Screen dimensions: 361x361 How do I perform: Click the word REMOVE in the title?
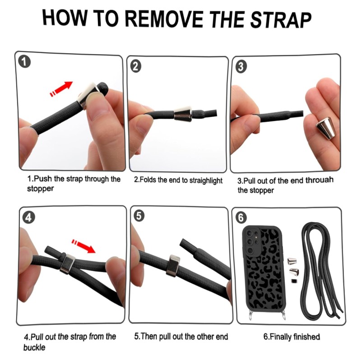(x=164, y=19)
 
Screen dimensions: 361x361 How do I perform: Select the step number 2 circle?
(x=136, y=66)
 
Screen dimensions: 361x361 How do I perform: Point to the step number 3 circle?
(x=241, y=67)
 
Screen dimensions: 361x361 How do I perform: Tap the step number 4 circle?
(x=28, y=218)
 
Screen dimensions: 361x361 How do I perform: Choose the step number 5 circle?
(x=139, y=216)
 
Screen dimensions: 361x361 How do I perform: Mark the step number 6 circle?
(x=241, y=217)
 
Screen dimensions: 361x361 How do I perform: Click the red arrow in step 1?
(x=61, y=89)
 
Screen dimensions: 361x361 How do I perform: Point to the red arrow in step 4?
(x=83, y=246)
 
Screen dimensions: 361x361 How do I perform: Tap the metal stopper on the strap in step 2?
(x=183, y=114)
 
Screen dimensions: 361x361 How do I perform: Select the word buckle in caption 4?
(x=34, y=347)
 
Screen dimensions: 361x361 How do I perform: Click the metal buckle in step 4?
(x=67, y=264)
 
